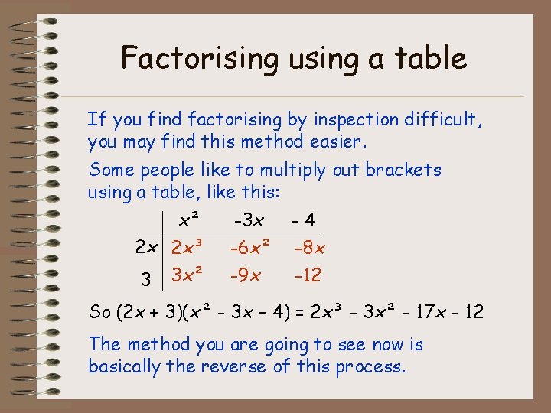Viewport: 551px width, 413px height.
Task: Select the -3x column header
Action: point(249,220)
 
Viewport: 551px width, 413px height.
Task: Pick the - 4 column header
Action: point(303,220)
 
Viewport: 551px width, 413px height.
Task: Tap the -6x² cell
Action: point(249,248)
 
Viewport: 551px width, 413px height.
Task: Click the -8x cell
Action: point(309,248)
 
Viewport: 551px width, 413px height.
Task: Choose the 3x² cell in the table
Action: point(187,275)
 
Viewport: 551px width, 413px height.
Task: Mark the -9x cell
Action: point(247,275)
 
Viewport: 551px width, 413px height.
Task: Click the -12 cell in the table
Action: point(308,275)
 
